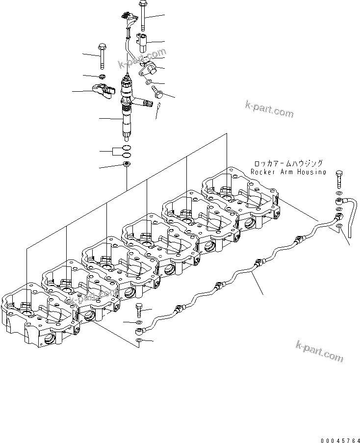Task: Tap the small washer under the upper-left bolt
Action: pyautogui.click(x=101, y=77)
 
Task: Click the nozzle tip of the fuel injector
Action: pyautogui.click(x=127, y=132)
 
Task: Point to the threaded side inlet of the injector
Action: pyautogui.click(x=147, y=103)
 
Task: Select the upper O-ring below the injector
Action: pyautogui.click(x=127, y=148)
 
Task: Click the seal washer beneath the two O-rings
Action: pyautogui.click(x=127, y=163)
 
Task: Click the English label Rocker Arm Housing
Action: pyautogui.click(x=288, y=172)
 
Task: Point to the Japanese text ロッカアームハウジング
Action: pyautogui.click(x=288, y=164)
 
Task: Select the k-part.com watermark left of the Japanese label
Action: pyautogui.click(x=269, y=109)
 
